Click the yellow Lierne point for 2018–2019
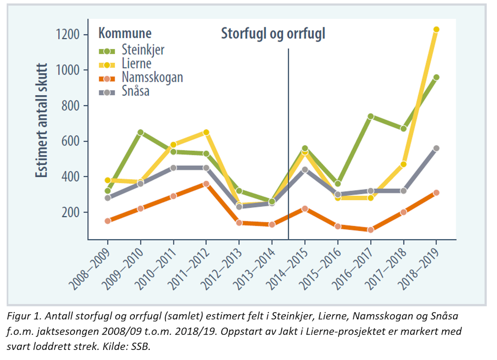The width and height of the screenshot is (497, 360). click(436, 29)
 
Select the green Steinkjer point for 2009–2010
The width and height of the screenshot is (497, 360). click(140, 133)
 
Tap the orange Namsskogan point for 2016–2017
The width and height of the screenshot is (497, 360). click(370, 230)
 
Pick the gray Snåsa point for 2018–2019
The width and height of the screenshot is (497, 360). click(436, 148)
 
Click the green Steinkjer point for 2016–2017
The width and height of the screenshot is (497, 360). click(370, 117)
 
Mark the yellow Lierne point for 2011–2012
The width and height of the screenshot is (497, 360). click(206, 133)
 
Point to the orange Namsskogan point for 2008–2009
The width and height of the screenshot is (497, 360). click(108, 221)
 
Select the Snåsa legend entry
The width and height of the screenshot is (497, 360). click(135, 91)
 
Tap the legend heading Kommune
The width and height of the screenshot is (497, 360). click(125, 34)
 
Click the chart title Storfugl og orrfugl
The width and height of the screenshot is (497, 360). click(273, 34)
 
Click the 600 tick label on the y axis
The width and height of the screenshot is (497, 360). click(71, 141)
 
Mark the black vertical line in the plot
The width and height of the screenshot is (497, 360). click(289, 138)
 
